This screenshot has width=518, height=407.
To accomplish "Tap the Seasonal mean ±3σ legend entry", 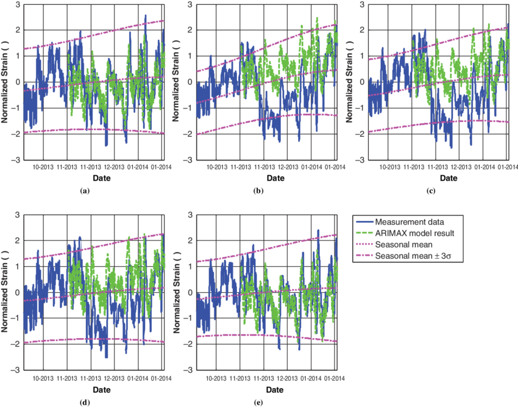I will (x=408, y=256).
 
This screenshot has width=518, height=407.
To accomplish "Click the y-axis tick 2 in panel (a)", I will (x=18, y=29).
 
